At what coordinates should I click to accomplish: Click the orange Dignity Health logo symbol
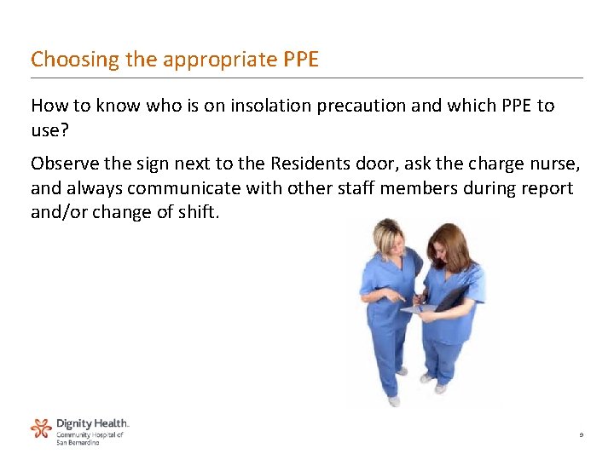coord(41,428)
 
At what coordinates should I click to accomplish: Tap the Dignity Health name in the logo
coord(92,423)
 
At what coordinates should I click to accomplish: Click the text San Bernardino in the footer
coord(78,443)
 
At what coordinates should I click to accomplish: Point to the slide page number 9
coord(581,435)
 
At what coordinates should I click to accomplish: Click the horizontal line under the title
coord(307,78)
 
